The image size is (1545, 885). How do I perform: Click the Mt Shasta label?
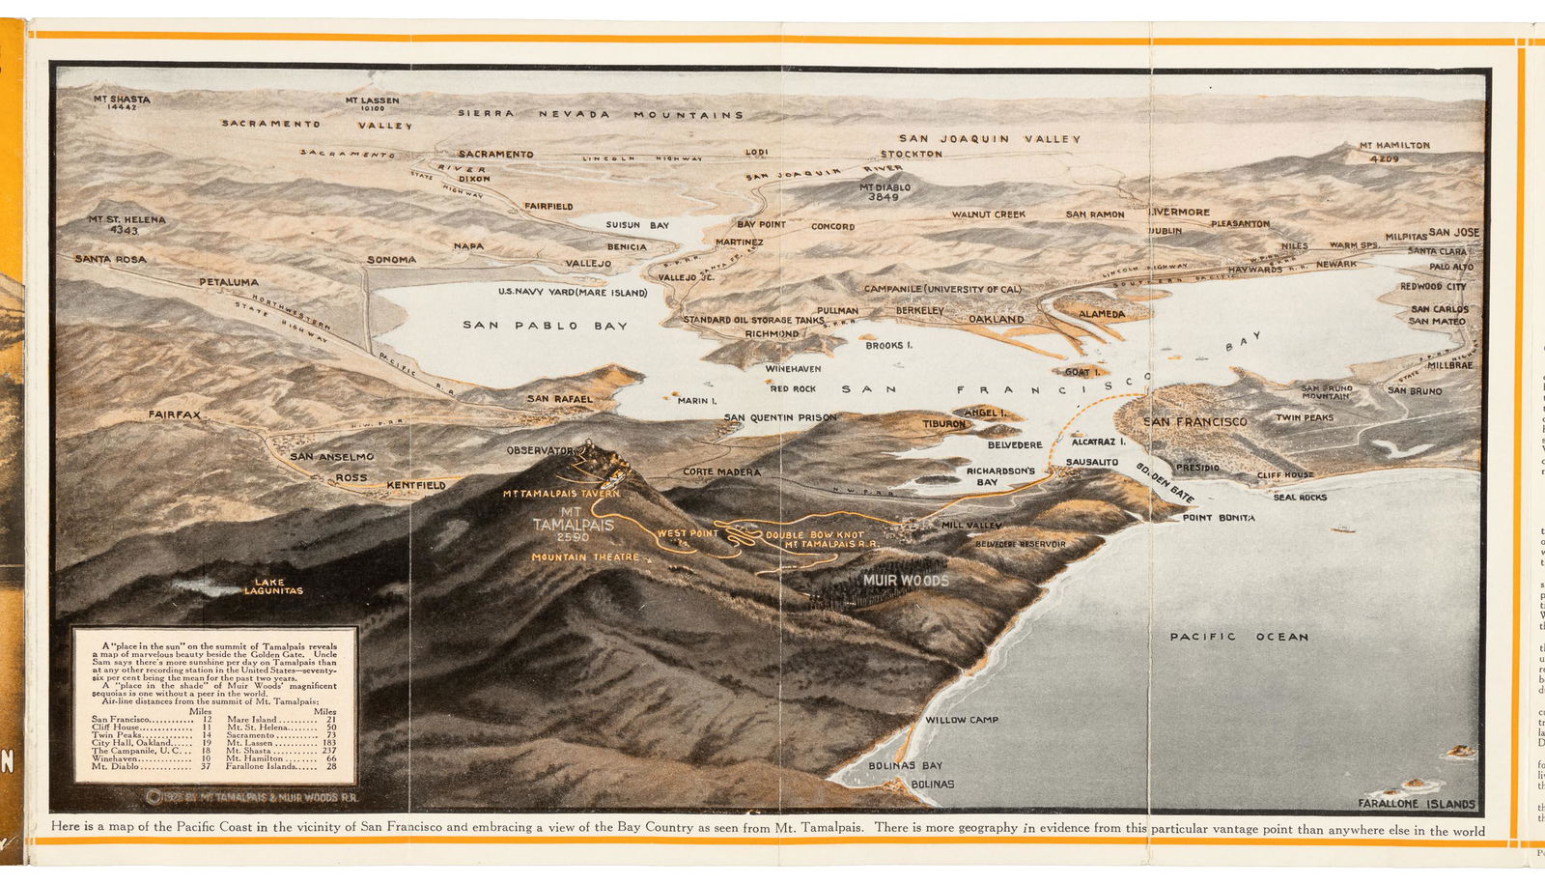tap(122, 99)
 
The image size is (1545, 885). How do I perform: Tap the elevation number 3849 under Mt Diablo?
tap(883, 197)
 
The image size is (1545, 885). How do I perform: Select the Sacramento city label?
tap(495, 154)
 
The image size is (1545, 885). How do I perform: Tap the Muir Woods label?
tap(906, 581)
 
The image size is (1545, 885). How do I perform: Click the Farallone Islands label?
tap(1417, 804)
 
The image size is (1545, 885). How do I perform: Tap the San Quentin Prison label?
tap(780, 417)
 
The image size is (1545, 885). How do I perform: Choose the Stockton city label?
tap(911, 154)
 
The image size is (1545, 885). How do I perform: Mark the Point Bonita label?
tap(1219, 518)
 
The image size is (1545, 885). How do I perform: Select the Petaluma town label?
tap(229, 282)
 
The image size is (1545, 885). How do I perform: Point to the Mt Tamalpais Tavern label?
tap(560, 494)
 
